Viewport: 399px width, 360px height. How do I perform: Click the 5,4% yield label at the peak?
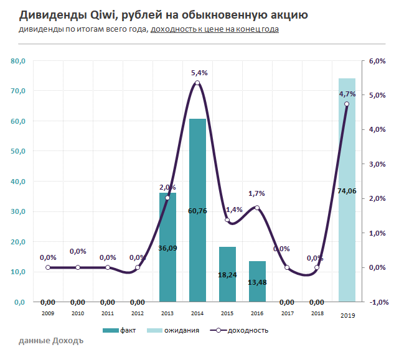pyautogui.click(x=197, y=73)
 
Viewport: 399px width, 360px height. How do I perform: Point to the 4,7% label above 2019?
pyautogui.click(x=347, y=94)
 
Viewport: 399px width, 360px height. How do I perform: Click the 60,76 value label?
pyautogui.click(x=197, y=211)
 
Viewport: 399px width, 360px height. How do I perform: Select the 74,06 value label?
pyautogui.click(x=347, y=191)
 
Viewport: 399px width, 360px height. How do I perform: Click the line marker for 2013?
pyautogui.click(x=167, y=198)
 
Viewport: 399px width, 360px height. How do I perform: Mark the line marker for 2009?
pyautogui.click(x=48, y=267)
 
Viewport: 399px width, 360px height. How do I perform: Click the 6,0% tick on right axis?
pyautogui.click(x=378, y=61)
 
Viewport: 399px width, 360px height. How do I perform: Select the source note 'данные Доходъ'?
pyautogui.click(x=50, y=341)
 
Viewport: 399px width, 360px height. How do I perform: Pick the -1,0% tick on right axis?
pyautogui.click(x=378, y=302)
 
